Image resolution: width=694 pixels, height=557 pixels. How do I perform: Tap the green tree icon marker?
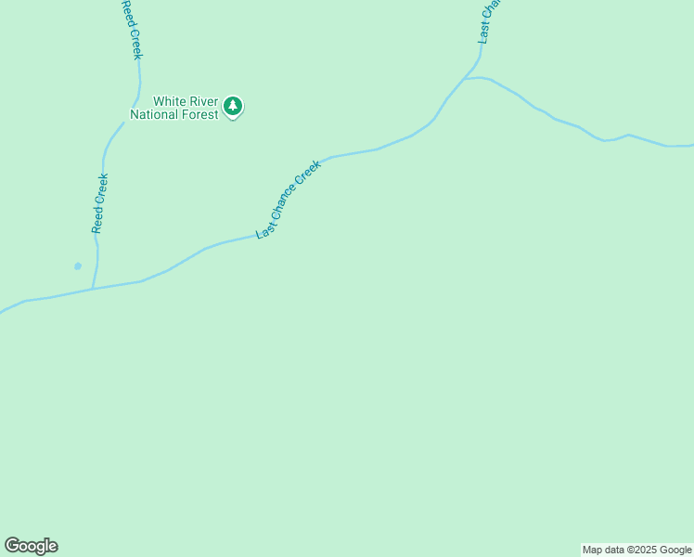(x=233, y=106)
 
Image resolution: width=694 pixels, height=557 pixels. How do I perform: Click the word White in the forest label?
(x=169, y=101)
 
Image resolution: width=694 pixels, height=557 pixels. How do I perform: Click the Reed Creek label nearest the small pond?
(x=99, y=202)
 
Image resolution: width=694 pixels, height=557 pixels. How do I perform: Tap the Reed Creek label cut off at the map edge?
(x=131, y=29)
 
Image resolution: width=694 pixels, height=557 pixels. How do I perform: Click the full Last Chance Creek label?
(x=289, y=200)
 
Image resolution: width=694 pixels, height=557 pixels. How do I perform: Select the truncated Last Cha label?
(x=489, y=21)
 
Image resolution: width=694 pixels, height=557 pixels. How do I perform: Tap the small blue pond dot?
(x=78, y=266)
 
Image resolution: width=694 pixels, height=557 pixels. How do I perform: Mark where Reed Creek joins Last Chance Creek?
(x=92, y=289)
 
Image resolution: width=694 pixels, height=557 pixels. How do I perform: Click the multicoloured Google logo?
(x=32, y=546)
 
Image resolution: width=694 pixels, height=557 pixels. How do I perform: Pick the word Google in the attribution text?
(x=675, y=550)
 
